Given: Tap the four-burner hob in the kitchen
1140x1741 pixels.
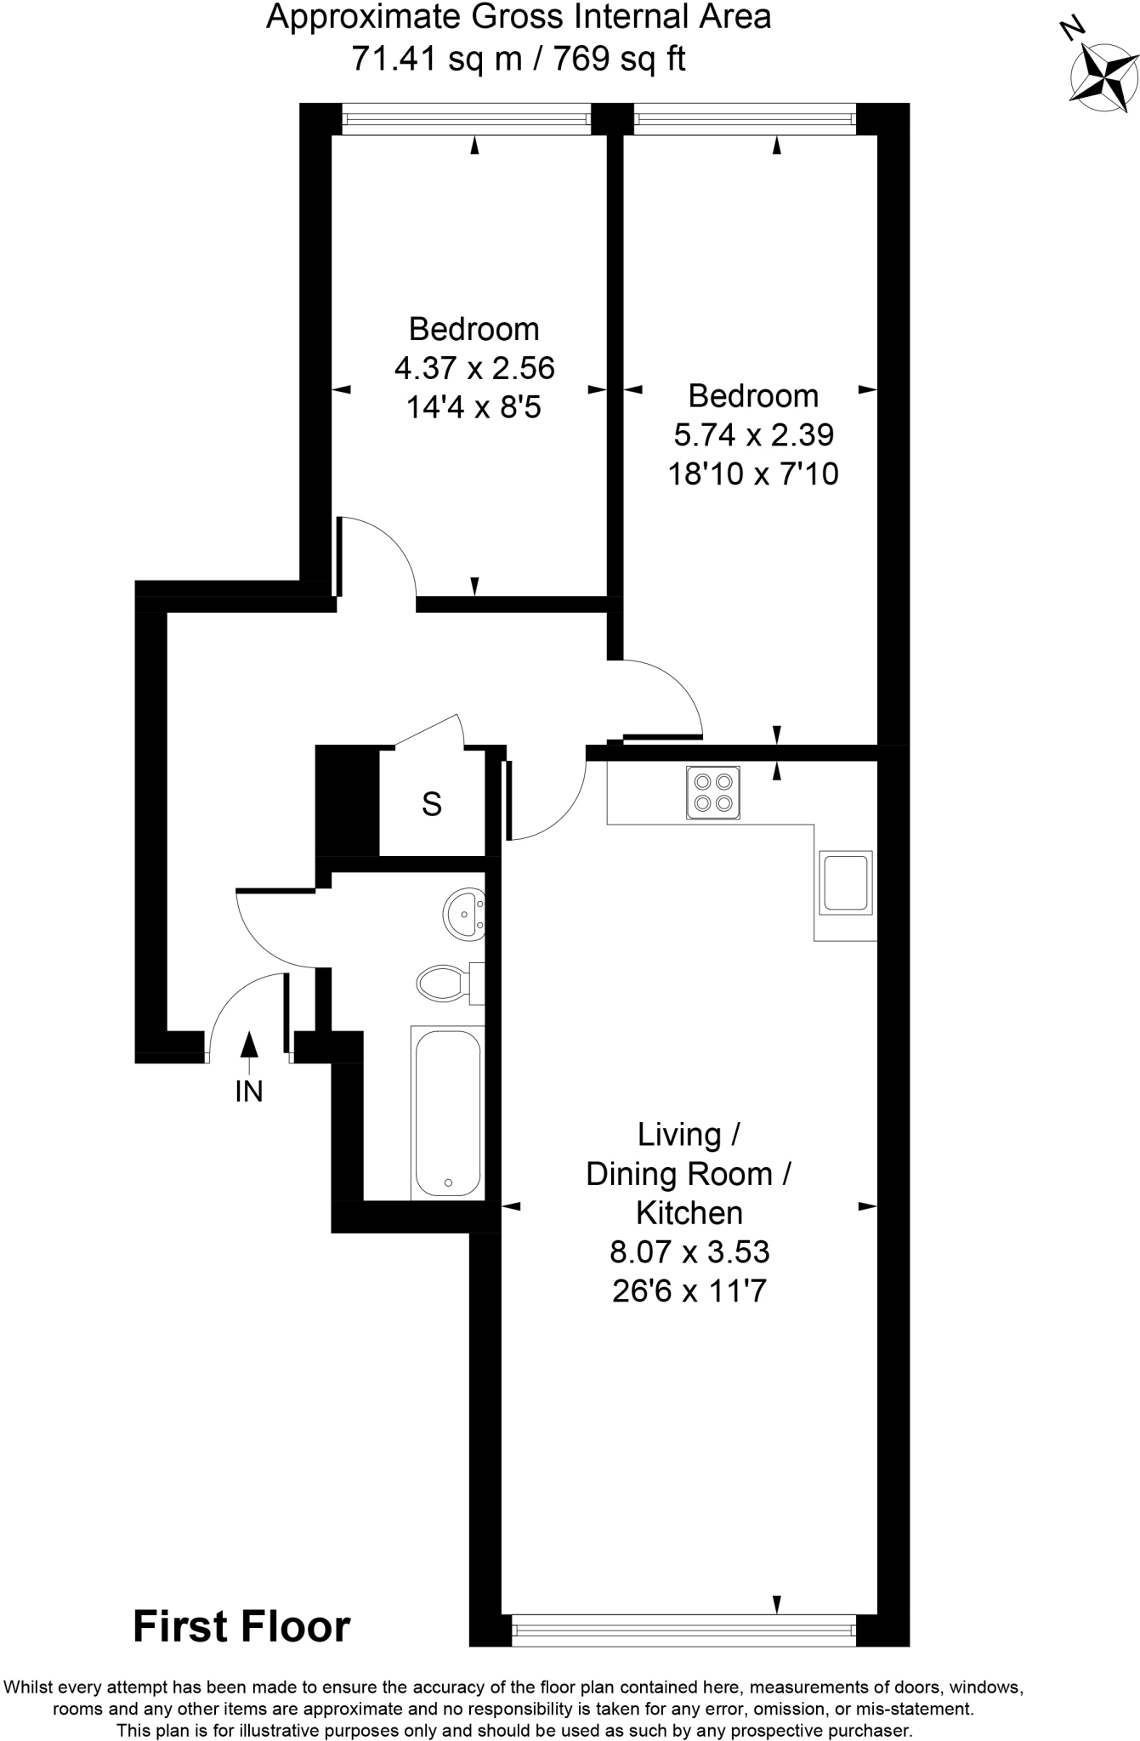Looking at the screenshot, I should [x=713, y=792].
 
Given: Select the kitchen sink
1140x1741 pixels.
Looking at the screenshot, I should [x=844, y=882].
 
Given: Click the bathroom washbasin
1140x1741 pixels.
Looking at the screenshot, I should [x=464, y=914].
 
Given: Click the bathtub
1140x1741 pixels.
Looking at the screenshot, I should [x=447, y=1113].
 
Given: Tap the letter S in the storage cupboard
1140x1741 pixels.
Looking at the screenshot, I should [x=432, y=803].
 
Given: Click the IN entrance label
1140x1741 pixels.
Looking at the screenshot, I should [x=249, y=1092].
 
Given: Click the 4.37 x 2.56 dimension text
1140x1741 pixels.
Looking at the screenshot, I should [x=474, y=368].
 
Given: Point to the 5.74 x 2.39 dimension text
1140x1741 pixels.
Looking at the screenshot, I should [x=753, y=434].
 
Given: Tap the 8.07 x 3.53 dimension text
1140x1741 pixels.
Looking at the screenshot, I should [x=689, y=1251].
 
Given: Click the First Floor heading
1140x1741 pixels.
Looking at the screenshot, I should [x=241, y=1627].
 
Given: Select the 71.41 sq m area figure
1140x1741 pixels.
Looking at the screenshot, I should [x=436, y=60].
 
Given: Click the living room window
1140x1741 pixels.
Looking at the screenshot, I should [x=683, y=1630].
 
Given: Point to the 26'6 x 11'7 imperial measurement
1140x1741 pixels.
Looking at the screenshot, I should [x=689, y=1291].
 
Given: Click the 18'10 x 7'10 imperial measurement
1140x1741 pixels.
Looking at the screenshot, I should [x=753, y=474].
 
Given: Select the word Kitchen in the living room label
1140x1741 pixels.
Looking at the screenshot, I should [x=689, y=1212].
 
